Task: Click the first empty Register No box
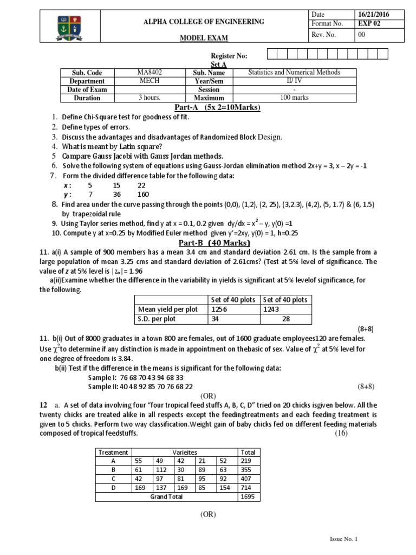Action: click(272, 54)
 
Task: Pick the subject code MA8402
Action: click(149, 72)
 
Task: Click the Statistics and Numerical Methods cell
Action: click(294, 72)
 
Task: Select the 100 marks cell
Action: click(294, 98)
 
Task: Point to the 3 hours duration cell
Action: click(149, 98)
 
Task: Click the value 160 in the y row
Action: click(143, 195)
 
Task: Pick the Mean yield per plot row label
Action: click(168, 309)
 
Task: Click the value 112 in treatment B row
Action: click(160, 470)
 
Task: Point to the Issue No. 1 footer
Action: click(344, 539)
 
